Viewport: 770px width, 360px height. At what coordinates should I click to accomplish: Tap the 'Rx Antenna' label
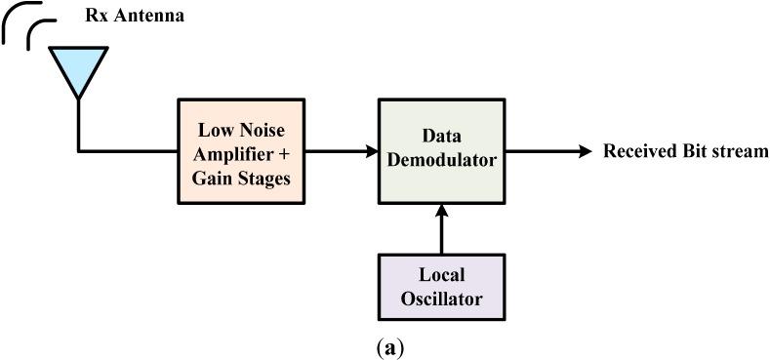(136, 17)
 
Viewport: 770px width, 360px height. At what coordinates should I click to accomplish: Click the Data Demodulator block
(442, 151)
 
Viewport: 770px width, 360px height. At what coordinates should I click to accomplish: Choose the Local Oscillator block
(442, 287)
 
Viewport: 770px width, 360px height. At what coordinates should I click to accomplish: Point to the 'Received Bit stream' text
(685, 151)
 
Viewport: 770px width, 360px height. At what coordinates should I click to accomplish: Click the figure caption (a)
(384, 348)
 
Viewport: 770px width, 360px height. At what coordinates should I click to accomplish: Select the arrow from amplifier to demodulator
(341, 151)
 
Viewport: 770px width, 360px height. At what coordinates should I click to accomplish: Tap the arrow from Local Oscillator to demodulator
(442, 228)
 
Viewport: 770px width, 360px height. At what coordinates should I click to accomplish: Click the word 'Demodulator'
(442, 161)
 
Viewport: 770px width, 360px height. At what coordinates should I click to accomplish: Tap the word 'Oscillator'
(442, 298)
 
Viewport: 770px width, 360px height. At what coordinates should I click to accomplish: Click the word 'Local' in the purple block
(442, 276)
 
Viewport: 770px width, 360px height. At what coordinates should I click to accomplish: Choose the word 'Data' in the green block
(442, 139)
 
